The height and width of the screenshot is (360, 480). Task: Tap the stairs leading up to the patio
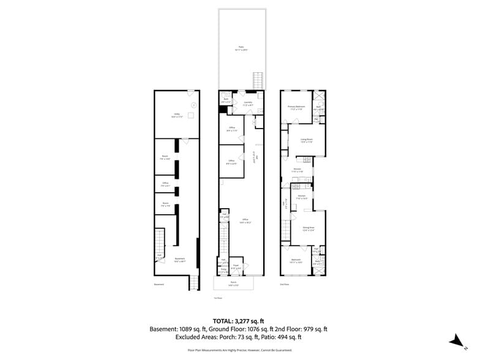[x=258, y=80]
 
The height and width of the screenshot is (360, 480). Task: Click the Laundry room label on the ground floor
[x=247, y=104]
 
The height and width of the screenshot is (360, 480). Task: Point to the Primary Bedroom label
[x=296, y=107]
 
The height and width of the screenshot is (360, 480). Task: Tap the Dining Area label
[x=308, y=228]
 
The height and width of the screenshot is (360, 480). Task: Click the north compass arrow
[x=455, y=341]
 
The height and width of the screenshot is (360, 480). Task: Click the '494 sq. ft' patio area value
[x=288, y=337]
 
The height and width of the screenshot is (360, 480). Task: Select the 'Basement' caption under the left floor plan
[x=159, y=284]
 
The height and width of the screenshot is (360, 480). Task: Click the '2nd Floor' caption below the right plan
[x=284, y=284]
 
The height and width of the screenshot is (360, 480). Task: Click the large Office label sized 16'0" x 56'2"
[x=245, y=220]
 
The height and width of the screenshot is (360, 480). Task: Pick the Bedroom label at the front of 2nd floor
[x=296, y=261]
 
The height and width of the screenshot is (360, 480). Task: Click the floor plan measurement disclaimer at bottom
[x=239, y=350]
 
